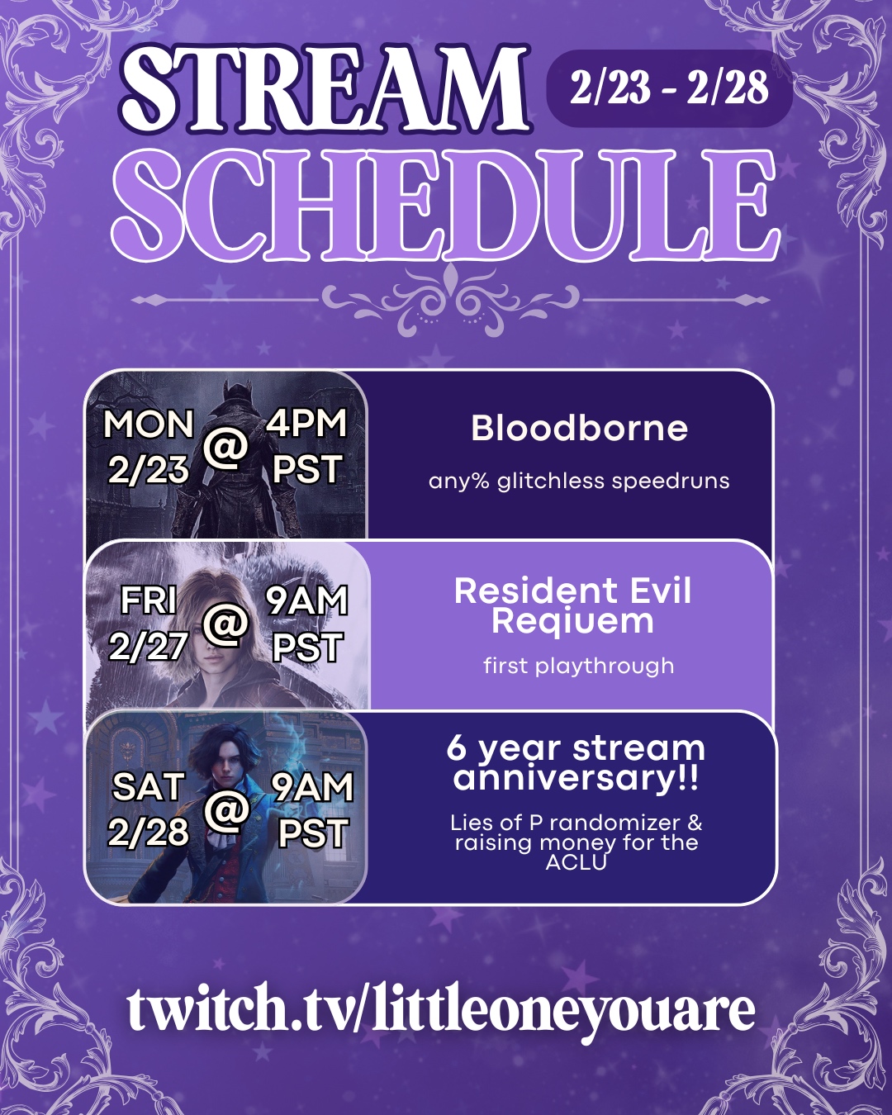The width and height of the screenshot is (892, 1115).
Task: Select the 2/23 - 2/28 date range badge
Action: [669, 88]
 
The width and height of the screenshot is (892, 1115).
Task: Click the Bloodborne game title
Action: [579, 429]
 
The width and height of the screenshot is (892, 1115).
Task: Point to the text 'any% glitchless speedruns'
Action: [579, 482]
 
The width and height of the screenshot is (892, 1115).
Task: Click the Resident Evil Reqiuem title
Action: [572, 605]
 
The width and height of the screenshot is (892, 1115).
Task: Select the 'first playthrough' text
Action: [579, 666]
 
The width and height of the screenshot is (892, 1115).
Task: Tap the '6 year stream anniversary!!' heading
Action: [575, 763]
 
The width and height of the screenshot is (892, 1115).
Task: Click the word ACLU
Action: [576, 862]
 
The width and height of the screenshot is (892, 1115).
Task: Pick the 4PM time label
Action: [306, 424]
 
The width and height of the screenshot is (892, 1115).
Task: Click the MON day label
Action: [148, 425]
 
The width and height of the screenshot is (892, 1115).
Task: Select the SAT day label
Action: [148, 786]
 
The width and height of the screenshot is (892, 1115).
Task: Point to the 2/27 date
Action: [148, 647]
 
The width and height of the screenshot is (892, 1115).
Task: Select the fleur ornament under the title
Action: [450, 301]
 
